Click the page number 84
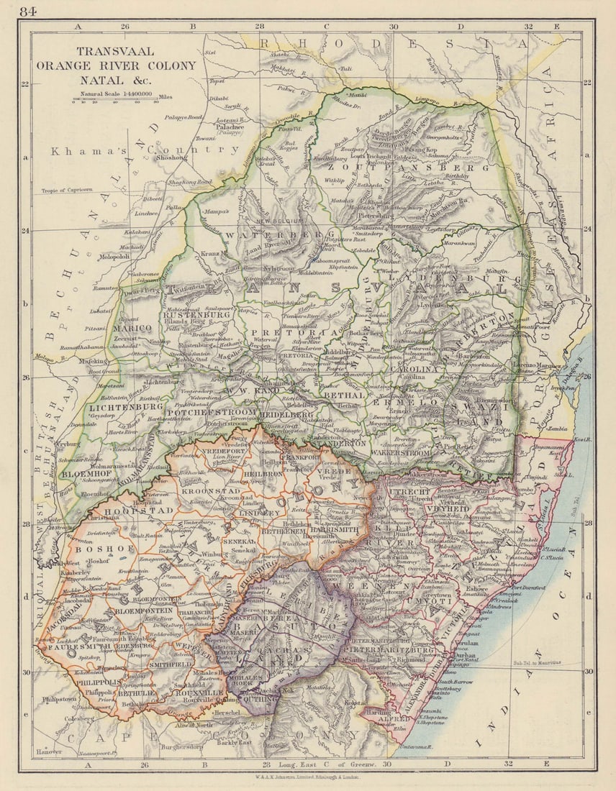(x=29, y=11)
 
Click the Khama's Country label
(x=144, y=150)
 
